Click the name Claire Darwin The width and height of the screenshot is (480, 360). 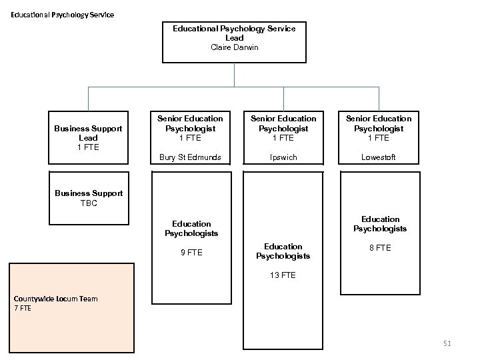pos(234,47)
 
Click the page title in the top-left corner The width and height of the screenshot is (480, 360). pos(62,15)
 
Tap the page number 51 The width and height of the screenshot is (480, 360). pos(447,343)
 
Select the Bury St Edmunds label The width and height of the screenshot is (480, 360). pos(191,158)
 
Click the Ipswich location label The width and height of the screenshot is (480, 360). pos(283,158)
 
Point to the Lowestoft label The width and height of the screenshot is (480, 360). pos(379,158)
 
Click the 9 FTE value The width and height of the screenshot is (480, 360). pos(191,253)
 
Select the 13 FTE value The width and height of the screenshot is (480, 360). pos(283,275)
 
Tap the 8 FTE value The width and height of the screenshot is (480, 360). pos(380,248)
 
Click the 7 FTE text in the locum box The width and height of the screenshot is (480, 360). pos(23,309)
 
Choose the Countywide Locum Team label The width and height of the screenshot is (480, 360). pos(55,299)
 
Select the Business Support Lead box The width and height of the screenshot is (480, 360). pos(89,137)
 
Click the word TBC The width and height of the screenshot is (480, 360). pos(89,203)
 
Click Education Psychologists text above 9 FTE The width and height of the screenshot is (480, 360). pos(191,229)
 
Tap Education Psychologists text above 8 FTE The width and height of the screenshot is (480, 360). pos(380,224)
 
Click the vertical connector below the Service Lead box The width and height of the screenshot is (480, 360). pos(234,74)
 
